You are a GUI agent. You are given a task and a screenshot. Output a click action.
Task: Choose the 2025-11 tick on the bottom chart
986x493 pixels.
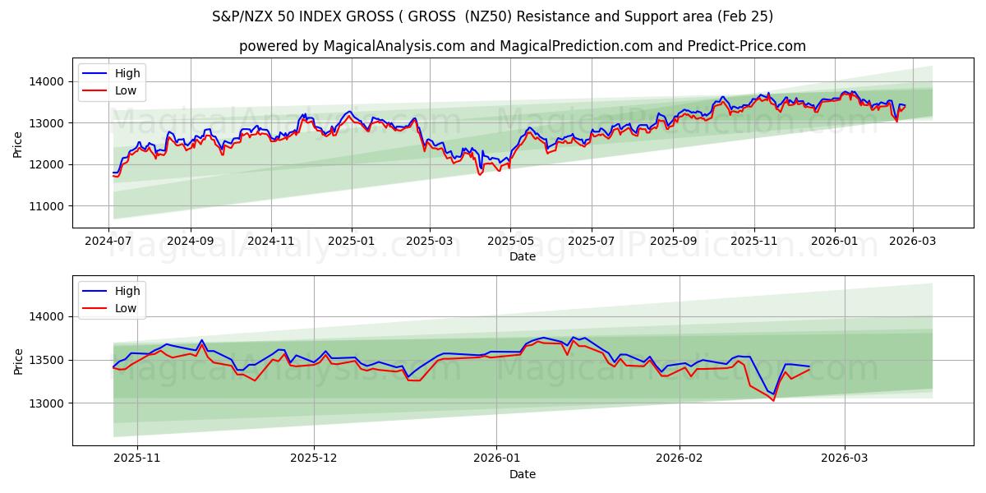tap(136, 458)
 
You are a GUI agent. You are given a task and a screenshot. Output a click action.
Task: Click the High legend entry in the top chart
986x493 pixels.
tap(127, 73)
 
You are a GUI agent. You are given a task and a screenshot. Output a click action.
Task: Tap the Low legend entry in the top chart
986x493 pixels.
tap(126, 91)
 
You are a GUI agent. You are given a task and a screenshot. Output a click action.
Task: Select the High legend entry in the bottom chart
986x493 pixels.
tap(127, 291)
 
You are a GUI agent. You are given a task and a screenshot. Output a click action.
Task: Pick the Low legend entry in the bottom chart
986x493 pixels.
tap(126, 309)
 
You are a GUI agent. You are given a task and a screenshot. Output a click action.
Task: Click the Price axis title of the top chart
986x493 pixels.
tap(18, 143)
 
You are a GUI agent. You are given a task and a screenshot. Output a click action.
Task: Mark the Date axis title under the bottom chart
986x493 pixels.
tap(523, 474)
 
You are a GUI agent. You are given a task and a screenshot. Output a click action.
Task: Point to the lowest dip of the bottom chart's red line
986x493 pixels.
tap(772, 400)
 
